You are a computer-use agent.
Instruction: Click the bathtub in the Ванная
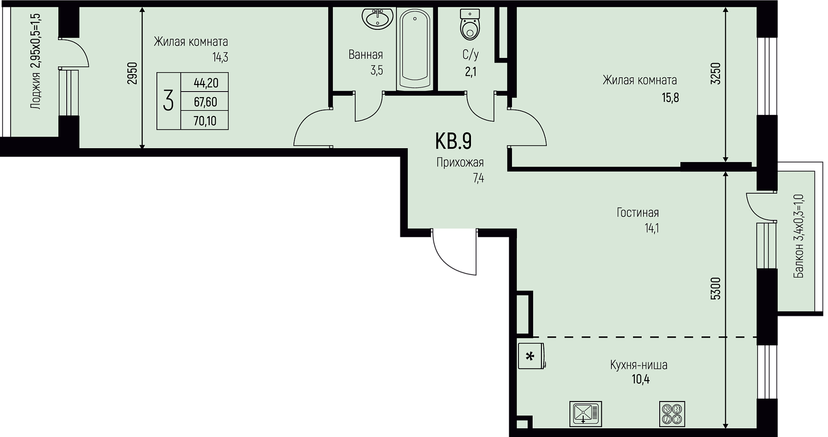[x=415, y=49]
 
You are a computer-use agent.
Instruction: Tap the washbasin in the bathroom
[x=377, y=19]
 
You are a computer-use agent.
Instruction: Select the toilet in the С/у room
[x=470, y=24]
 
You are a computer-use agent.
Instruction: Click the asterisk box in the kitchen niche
[x=530, y=356]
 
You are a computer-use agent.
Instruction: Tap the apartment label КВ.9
[x=453, y=141]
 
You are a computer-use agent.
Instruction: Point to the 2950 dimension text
[x=132, y=73]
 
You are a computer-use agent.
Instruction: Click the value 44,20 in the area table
[x=206, y=83]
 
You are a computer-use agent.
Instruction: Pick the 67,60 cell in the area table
[x=205, y=102]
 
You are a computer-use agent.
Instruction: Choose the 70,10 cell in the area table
[x=205, y=121]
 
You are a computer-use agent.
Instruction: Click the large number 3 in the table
[x=168, y=101]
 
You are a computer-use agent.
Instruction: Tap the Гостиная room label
[x=638, y=213]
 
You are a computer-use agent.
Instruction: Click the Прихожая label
[x=460, y=162]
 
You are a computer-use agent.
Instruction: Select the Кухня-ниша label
[x=638, y=365]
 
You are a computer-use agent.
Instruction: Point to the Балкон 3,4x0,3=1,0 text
[x=799, y=236]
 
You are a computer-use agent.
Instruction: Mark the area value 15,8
[x=670, y=98]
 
